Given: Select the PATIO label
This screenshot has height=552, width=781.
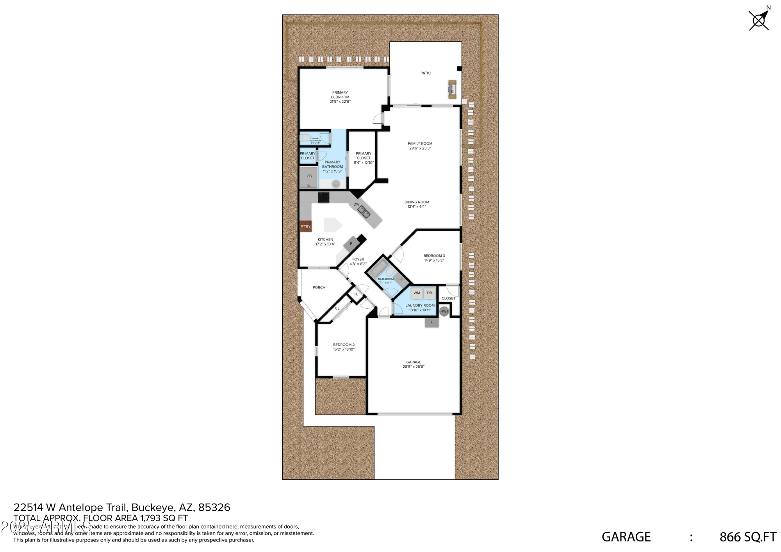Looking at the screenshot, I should [426, 73].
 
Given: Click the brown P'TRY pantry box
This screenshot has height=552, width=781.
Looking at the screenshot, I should [305, 226].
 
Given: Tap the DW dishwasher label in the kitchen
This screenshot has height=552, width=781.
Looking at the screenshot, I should [357, 205].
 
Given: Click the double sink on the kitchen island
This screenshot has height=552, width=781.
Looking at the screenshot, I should [364, 212].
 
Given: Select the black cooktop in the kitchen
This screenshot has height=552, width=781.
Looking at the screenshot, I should [323, 198].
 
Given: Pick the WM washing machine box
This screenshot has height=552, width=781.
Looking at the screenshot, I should [417, 293].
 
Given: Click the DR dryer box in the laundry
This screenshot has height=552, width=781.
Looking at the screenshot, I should [430, 293].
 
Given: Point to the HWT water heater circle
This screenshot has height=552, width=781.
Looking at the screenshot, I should [444, 311].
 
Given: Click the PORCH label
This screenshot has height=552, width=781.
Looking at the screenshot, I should [319, 287].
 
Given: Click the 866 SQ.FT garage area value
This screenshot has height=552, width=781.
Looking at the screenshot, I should [748, 537].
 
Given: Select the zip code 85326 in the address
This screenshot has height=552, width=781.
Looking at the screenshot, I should [214, 507].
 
